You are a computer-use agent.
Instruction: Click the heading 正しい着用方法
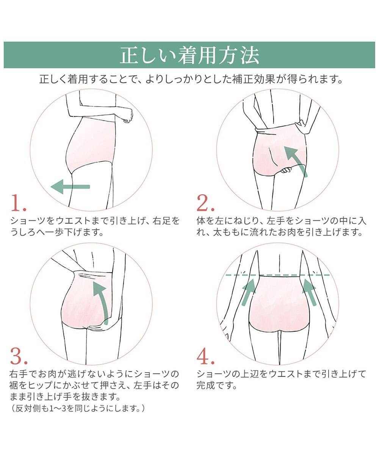click(x=189, y=55)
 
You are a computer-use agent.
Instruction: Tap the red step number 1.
click(x=18, y=204)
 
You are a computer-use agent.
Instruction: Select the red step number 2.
click(x=205, y=204)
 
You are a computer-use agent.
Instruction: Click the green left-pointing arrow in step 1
click(x=70, y=187)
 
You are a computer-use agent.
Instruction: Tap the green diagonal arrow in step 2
click(x=296, y=161)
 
